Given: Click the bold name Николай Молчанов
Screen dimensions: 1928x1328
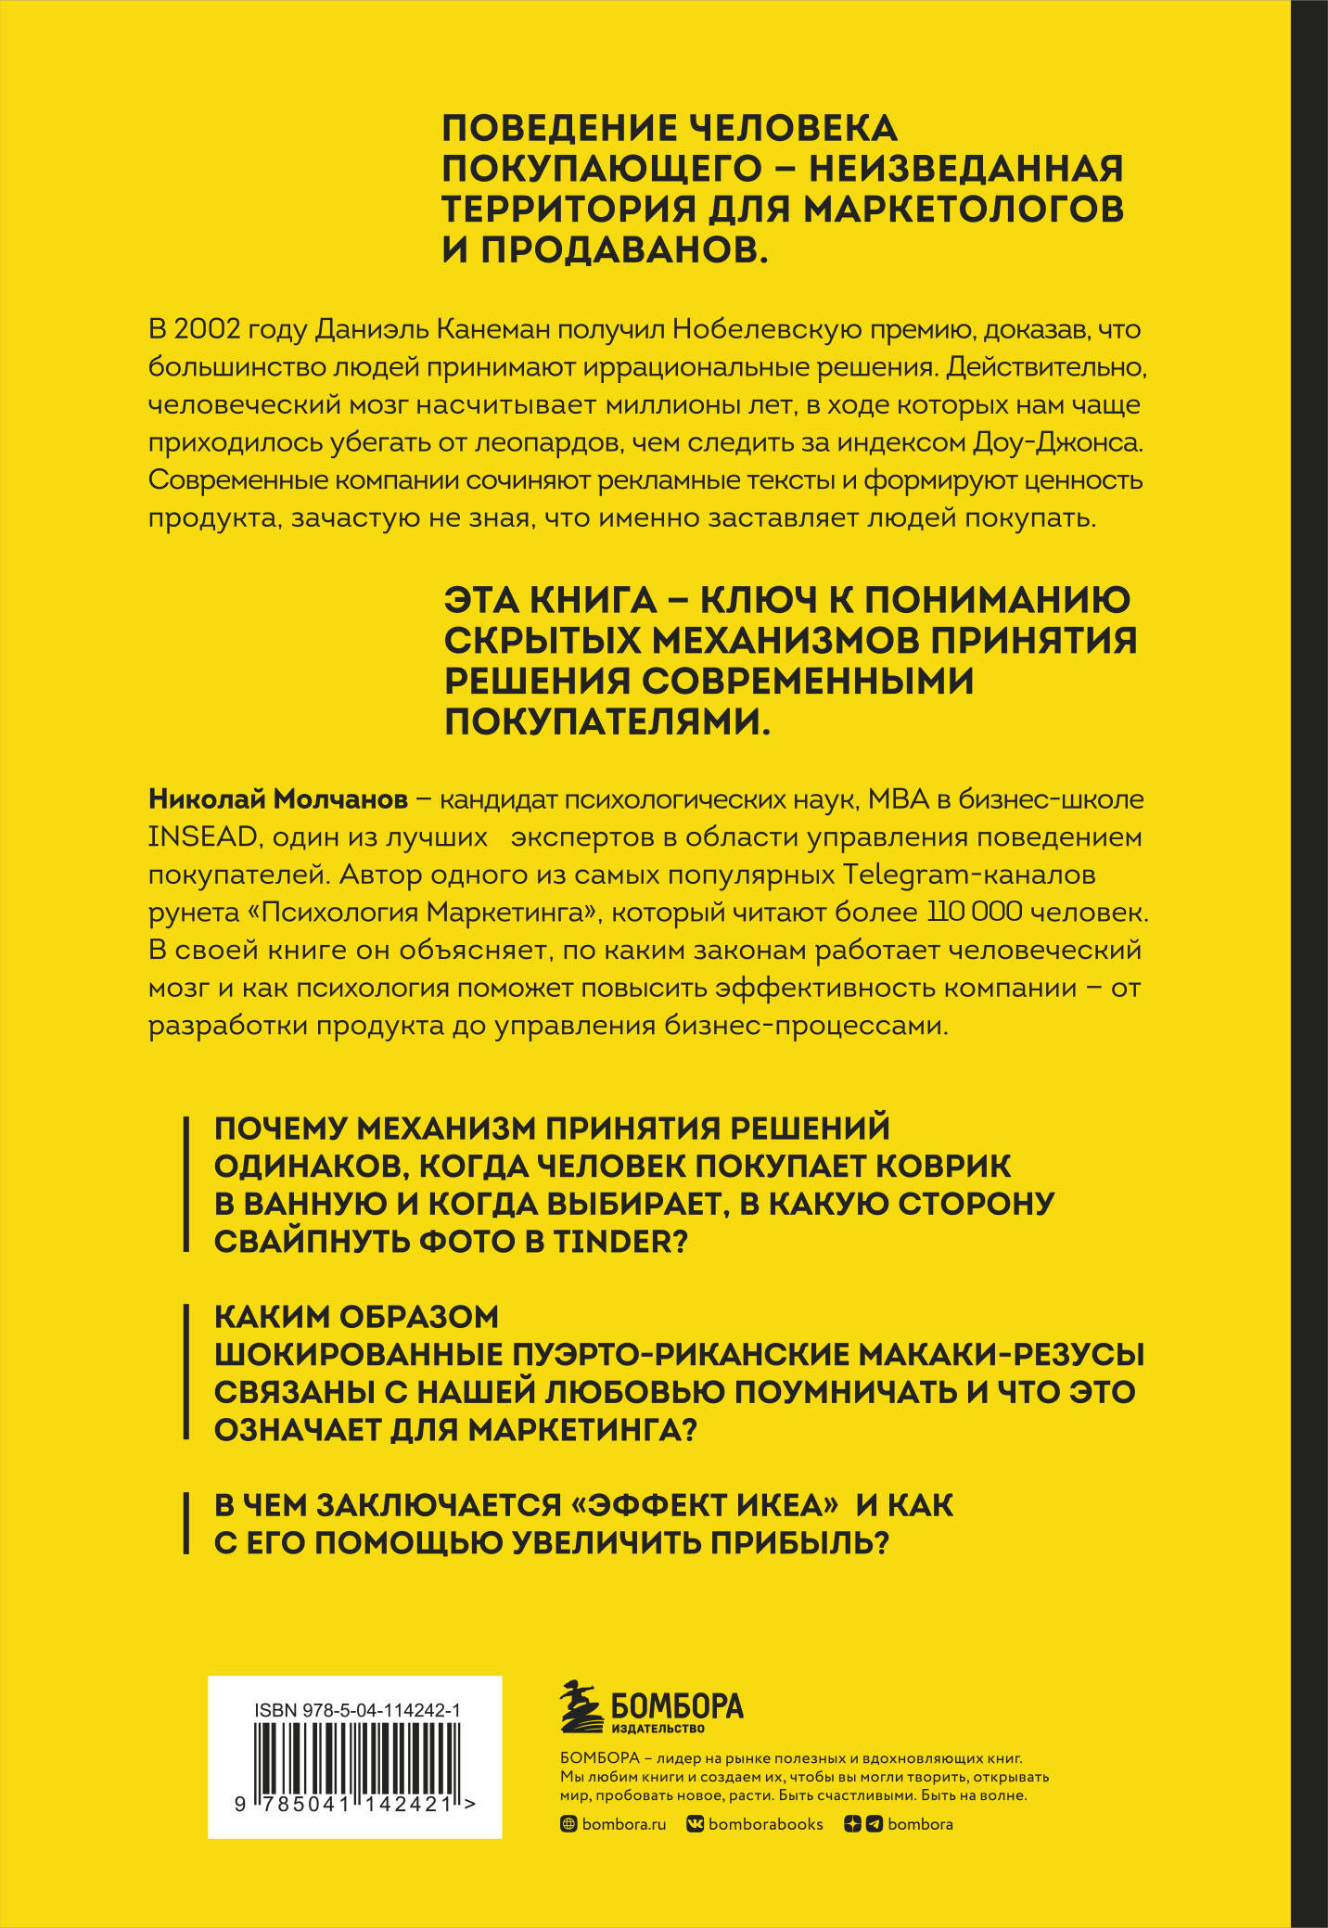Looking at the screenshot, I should coord(278,799).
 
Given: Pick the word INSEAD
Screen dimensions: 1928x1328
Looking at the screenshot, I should coord(202,837).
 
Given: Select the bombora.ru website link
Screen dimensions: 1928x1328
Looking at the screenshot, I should coord(623,1824).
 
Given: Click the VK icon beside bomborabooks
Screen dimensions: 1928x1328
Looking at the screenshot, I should coord(695,1824).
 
